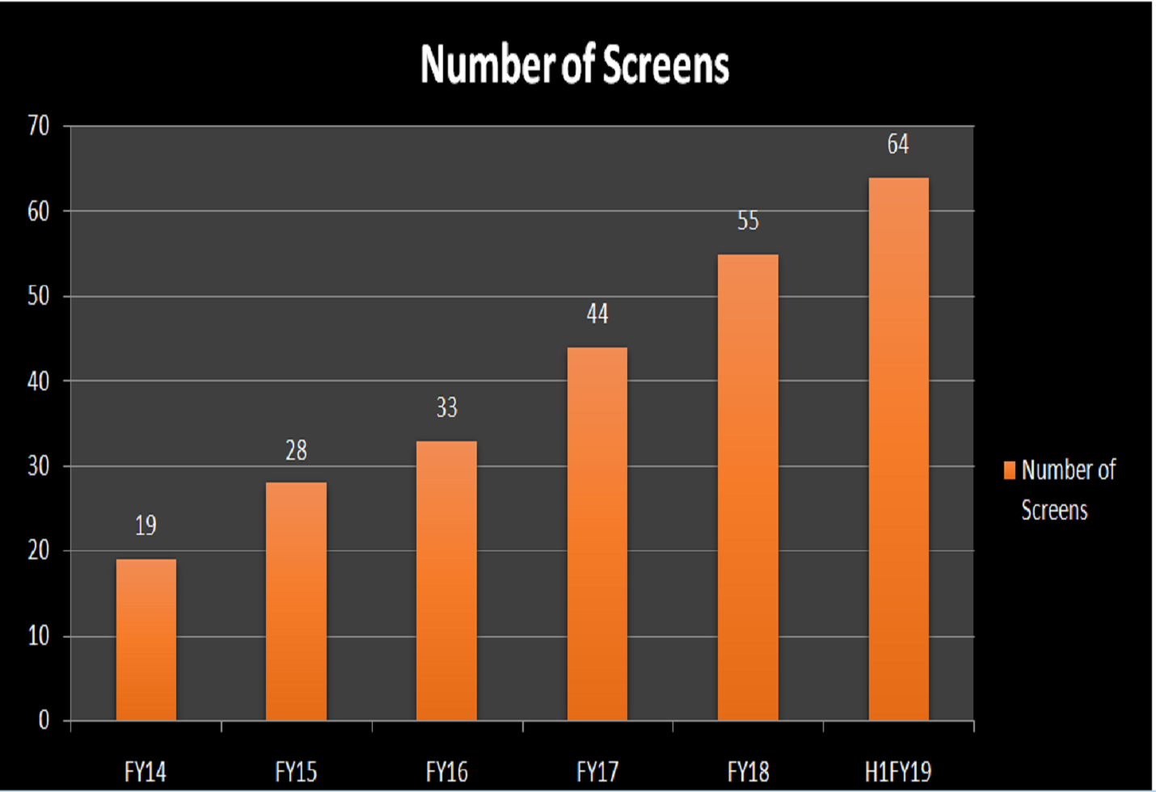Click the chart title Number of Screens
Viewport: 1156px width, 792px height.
[x=575, y=65]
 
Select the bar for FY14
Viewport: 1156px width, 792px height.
[x=146, y=639]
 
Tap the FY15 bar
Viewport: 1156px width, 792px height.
[x=296, y=601]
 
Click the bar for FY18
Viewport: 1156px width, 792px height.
[x=748, y=487]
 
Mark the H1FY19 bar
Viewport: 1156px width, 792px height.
[x=898, y=449]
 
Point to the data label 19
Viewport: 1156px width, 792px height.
[x=146, y=526]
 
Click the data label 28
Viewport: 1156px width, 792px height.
[x=296, y=450]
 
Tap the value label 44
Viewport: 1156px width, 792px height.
[x=597, y=314]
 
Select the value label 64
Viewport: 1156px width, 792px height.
[x=898, y=145]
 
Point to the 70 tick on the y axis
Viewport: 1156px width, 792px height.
[x=38, y=126]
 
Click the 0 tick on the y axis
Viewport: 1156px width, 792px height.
[x=44, y=720]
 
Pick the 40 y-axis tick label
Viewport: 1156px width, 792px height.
[x=38, y=381]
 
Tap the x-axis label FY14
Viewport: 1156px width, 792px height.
[x=146, y=772]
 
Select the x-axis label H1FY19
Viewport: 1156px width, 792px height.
[x=898, y=772]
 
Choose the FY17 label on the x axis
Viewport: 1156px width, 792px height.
[x=597, y=772]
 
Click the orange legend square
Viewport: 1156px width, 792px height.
[x=1009, y=470]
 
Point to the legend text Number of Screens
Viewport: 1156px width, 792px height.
[x=1067, y=490]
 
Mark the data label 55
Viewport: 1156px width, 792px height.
[x=748, y=221]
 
